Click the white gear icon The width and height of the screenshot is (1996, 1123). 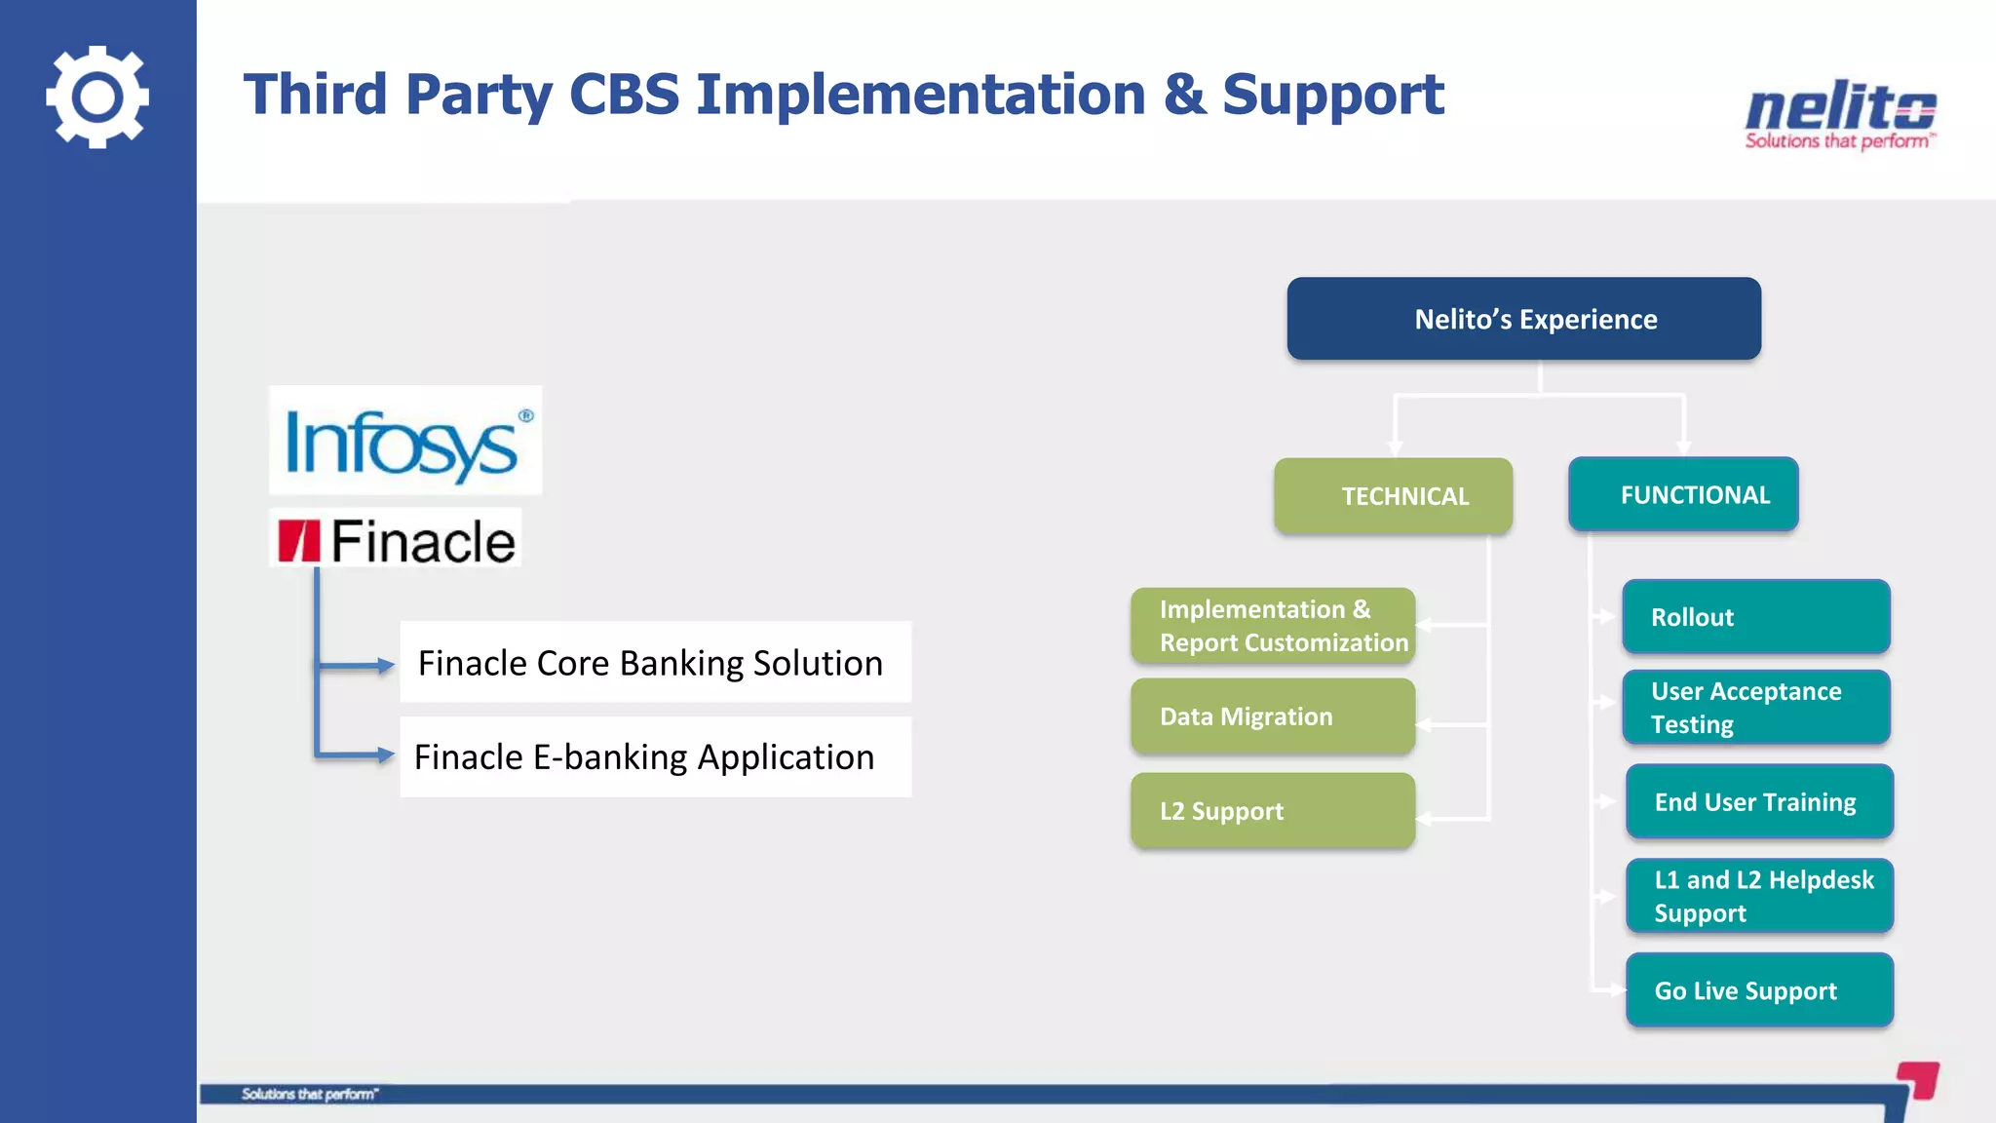click(97, 97)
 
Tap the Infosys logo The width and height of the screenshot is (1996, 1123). click(404, 441)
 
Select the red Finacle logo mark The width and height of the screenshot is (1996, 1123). click(298, 541)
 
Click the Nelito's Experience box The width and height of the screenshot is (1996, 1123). click(1523, 319)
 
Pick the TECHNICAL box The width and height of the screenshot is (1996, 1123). click(1393, 496)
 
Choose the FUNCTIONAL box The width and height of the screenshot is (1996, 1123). click(1683, 494)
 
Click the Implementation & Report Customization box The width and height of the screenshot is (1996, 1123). click(1272, 626)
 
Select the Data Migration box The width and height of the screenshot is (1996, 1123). click(1272, 716)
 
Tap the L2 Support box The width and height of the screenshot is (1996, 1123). click(1272, 811)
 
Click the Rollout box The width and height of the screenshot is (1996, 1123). click(1755, 617)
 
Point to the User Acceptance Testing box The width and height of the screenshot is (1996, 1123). click(1755, 708)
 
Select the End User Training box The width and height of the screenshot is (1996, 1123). click(1759, 802)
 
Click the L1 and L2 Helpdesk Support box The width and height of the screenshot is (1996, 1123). click(1759, 896)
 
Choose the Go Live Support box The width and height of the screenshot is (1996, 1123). click(1759, 990)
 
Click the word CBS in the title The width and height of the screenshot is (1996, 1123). click(624, 95)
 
